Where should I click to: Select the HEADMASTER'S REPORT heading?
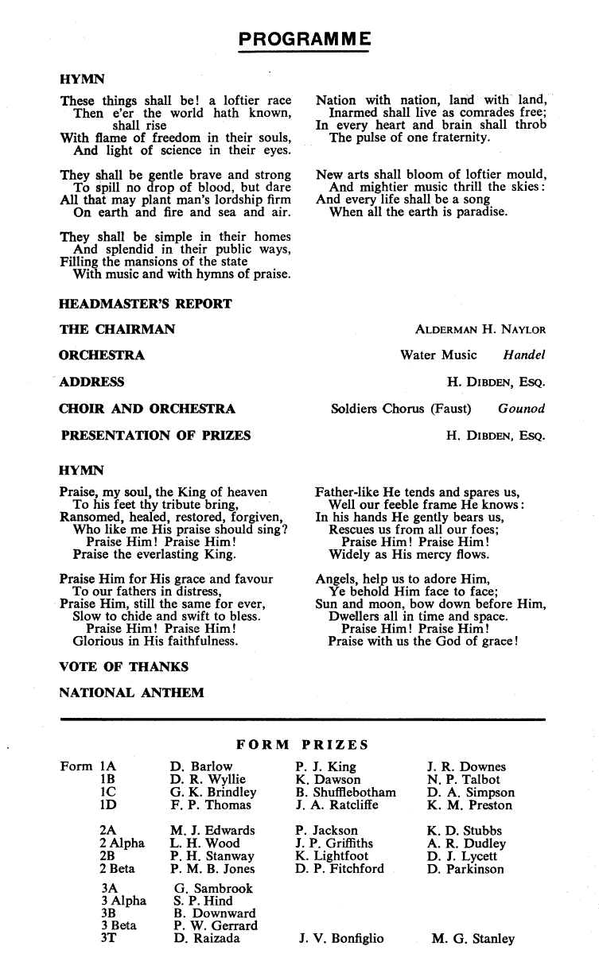(x=146, y=304)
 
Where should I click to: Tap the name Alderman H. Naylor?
(x=480, y=330)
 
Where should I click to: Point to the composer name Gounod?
(x=521, y=409)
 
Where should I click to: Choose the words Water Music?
(x=438, y=355)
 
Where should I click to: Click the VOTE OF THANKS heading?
(x=124, y=667)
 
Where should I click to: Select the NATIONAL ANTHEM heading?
(x=131, y=692)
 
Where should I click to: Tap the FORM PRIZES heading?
(x=303, y=745)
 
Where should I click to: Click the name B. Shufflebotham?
(x=345, y=793)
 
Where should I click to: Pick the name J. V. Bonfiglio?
(x=341, y=939)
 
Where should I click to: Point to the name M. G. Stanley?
(x=473, y=939)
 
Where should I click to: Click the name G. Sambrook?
(x=213, y=889)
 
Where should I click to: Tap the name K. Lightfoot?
(x=332, y=856)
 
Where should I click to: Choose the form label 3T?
(x=108, y=939)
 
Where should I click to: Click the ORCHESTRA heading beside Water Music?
(x=102, y=355)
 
